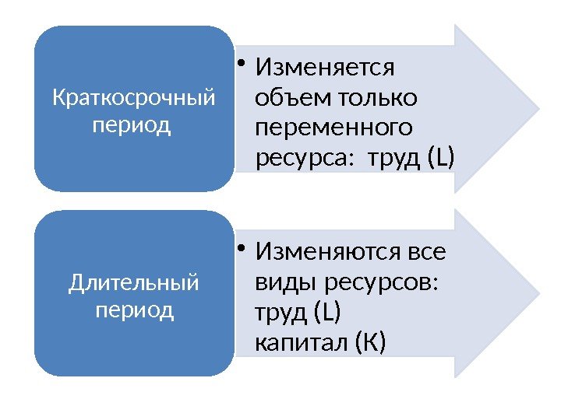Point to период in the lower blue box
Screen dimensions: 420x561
click(133, 310)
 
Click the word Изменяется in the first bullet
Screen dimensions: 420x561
click(326, 68)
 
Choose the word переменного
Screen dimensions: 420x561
click(334, 128)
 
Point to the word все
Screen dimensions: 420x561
click(428, 253)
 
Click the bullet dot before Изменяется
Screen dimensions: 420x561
click(243, 65)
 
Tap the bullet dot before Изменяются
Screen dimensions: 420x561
click(243, 249)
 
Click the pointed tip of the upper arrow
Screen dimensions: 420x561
click(538, 107)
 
